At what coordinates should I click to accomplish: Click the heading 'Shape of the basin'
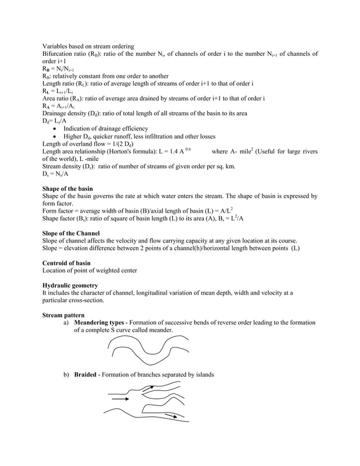click(x=68, y=188)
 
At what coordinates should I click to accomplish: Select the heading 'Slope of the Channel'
click(x=71, y=233)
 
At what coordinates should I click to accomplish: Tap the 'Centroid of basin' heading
click(x=66, y=263)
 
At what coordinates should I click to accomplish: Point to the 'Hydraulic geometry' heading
click(x=70, y=285)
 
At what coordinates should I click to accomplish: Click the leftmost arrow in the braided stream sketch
click(x=120, y=399)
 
